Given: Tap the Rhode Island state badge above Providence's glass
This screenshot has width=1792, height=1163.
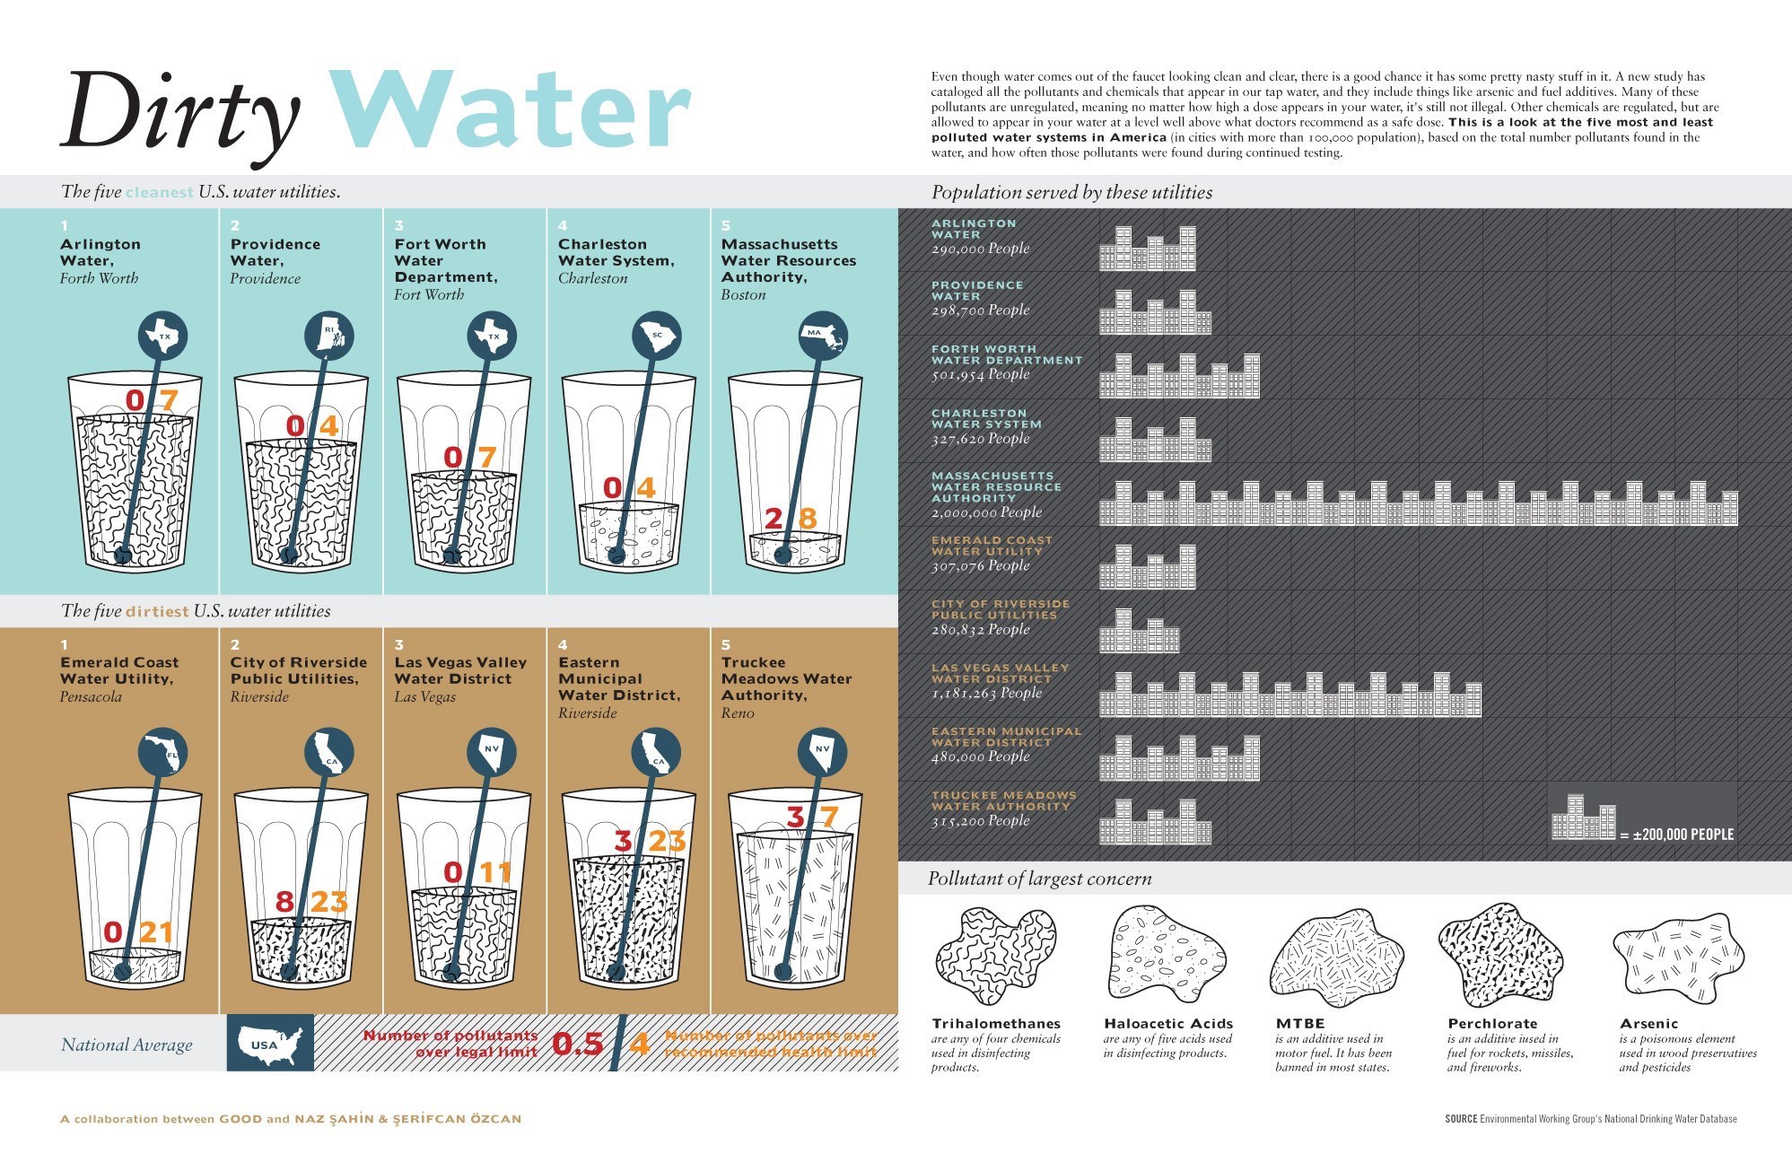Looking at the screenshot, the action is (330, 337).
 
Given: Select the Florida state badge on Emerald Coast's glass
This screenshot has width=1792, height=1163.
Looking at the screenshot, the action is (164, 753).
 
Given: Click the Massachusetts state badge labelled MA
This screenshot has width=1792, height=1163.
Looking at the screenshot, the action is (822, 336).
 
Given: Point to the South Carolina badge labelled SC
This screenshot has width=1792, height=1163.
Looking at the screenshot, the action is (657, 337).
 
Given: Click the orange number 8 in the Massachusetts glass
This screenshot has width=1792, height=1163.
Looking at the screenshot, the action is (808, 518).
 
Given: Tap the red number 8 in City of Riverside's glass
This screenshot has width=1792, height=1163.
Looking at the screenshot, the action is (284, 901).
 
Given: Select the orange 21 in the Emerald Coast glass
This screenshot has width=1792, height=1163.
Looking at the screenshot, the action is (156, 932).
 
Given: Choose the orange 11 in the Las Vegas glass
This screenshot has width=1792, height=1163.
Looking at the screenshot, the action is (495, 872).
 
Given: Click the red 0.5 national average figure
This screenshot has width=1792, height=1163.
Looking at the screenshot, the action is (577, 1044).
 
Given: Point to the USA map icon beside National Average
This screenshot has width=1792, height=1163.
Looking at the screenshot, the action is (270, 1044).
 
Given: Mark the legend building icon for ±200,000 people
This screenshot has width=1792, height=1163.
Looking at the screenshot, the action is (1584, 818).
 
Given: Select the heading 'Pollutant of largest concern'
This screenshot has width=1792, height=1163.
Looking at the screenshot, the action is (1039, 879).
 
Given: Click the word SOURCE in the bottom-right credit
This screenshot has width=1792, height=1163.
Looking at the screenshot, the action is (1461, 1119).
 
